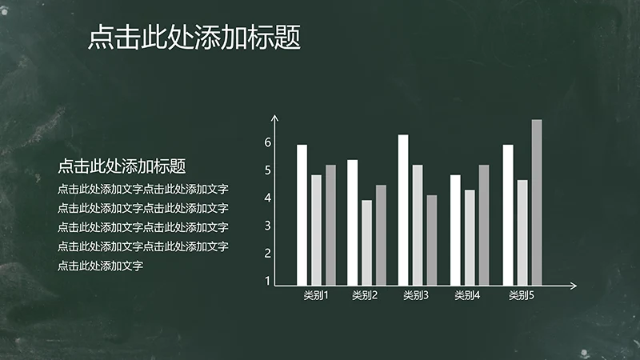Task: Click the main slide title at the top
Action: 194,38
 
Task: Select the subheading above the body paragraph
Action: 122,166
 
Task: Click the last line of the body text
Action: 100,266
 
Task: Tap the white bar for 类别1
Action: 302,214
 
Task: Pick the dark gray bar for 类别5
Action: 537,202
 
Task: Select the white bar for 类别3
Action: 403,210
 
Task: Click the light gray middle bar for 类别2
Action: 366,242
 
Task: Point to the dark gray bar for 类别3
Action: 432,240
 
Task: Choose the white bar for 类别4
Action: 455,230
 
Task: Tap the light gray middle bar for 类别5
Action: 522,232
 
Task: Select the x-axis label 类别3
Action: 416,296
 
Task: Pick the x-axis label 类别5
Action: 522,296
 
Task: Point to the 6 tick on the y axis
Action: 268,142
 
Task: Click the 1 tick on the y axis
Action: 268,282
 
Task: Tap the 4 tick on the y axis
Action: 268,198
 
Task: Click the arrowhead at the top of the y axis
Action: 274,118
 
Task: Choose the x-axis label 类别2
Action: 365,296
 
